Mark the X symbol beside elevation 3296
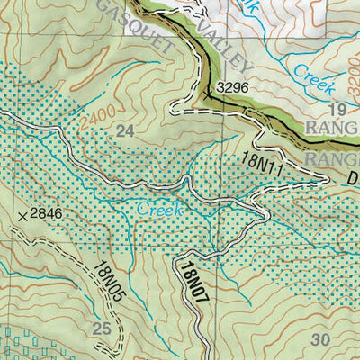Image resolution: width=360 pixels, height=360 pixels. pyautogui.click(x=209, y=92)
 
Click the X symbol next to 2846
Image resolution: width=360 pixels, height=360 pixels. pyautogui.click(x=22, y=216)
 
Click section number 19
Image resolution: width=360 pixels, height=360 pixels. pyautogui.click(x=337, y=110)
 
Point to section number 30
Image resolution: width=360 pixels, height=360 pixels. pyautogui.click(x=319, y=339)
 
